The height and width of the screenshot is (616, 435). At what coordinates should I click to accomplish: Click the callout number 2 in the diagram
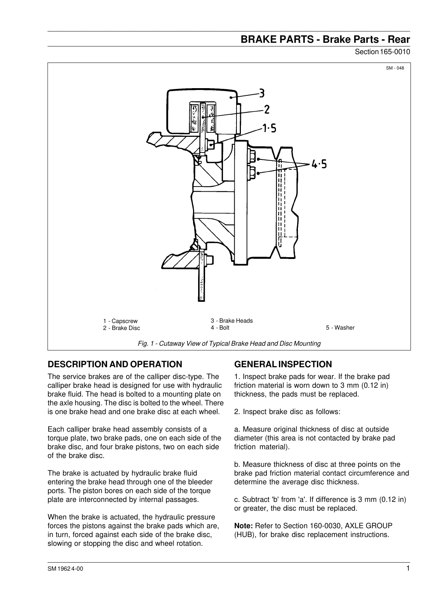267,109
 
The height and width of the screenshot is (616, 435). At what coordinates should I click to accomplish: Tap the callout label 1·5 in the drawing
269,128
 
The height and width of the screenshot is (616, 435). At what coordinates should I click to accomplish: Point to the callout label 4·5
319,164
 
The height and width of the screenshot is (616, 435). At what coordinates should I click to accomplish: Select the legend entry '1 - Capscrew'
120,321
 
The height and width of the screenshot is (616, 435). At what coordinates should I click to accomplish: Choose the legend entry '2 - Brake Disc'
121,328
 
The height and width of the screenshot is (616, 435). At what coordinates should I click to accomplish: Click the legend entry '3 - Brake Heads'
232,321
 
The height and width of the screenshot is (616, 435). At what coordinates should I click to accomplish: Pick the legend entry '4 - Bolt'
220,328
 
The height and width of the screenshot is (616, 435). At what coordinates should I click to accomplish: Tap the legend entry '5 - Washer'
340,328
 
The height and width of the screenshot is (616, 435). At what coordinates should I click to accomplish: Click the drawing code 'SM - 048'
395,68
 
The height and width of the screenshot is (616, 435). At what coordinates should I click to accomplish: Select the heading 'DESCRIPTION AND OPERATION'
115,364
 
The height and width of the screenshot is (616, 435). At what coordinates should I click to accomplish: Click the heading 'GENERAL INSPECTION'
283,364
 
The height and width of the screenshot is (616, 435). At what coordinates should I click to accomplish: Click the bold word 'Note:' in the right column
243,526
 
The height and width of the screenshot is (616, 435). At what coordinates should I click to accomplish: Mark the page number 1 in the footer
408,568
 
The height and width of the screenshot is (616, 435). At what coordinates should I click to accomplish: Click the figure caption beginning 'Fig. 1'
229,343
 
